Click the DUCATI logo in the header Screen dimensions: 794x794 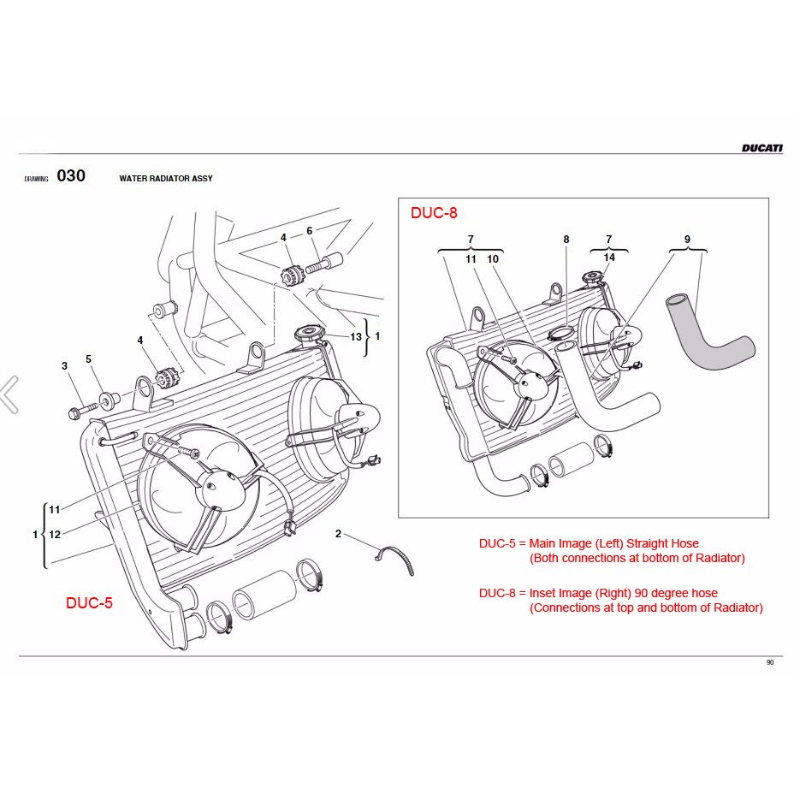coord(761,148)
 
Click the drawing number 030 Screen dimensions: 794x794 coord(71,176)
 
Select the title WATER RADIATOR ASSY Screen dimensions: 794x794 coord(166,179)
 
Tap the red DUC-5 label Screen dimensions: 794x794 coord(89,602)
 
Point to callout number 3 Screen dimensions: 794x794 coord(64,366)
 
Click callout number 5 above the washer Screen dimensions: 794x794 coord(88,359)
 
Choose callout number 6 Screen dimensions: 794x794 coord(309,230)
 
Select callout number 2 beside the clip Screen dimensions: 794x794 coord(338,534)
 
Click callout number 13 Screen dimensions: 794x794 coord(356,337)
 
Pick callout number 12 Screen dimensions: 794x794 coord(55,535)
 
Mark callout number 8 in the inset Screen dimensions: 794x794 coord(566,240)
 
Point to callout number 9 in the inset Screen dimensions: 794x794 coord(687,240)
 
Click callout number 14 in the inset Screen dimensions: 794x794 coord(609,257)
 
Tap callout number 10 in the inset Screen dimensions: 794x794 coord(493,258)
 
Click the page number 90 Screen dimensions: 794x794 coord(770,662)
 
